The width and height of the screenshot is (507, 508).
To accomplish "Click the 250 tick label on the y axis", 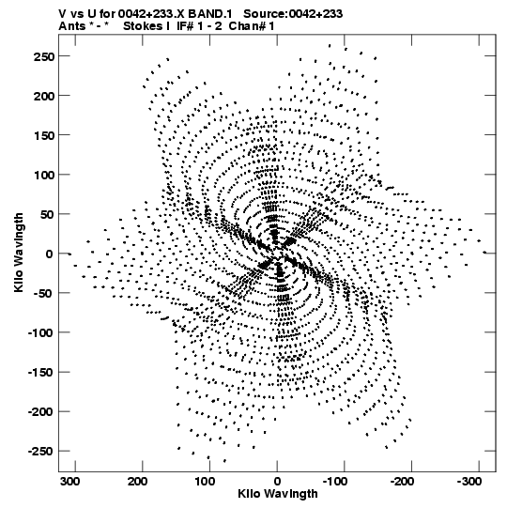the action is click(44, 56).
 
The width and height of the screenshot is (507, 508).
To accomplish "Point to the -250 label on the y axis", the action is click(41, 452).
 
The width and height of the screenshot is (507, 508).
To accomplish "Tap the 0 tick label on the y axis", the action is click(50, 254).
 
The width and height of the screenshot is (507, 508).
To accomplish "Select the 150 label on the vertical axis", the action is click(44, 135).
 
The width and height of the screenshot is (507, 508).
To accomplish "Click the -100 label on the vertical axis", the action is click(41, 333).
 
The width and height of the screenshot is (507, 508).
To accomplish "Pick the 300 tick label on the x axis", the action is click(70, 482).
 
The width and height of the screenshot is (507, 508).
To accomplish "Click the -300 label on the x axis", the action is click(469, 482).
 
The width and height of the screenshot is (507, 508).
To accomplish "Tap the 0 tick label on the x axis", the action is click(277, 482).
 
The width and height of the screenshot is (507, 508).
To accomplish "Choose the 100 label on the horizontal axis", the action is click(205, 482).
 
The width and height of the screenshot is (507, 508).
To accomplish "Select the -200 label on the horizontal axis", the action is click(402, 482).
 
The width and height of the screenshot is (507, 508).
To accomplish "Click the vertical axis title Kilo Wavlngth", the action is click(19, 253).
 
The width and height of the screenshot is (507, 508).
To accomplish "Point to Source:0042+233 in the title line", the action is click(293, 14).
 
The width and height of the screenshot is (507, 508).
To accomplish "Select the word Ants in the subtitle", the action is click(72, 26).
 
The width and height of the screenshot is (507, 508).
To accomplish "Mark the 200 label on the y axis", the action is click(44, 96).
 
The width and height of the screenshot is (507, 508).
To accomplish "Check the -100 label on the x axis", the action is click(335, 482).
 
